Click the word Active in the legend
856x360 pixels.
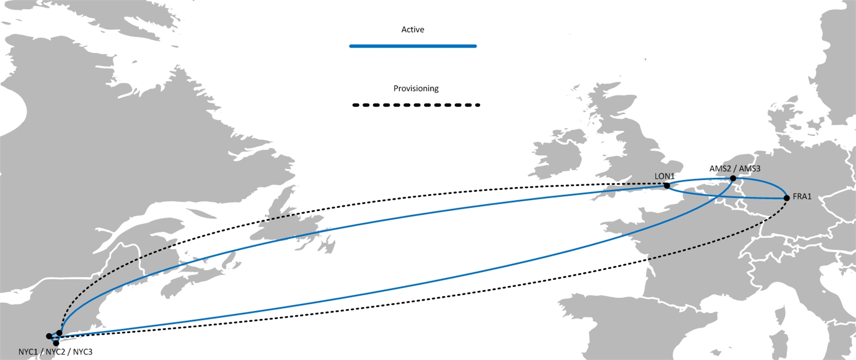(412, 29)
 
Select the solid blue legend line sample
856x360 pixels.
(413, 46)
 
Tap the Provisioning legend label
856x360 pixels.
(415, 88)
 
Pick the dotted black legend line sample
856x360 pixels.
(415, 105)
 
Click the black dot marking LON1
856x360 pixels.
(666, 185)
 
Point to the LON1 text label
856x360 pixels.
(664, 176)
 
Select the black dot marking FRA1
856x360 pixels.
(786, 198)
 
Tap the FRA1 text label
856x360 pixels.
(802, 196)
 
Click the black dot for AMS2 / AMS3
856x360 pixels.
(733, 178)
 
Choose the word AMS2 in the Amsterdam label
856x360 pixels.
(720, 169)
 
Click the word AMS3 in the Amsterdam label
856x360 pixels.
(750, 169)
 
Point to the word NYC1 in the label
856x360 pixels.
(28, 352)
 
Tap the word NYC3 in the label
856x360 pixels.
(82, 352)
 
